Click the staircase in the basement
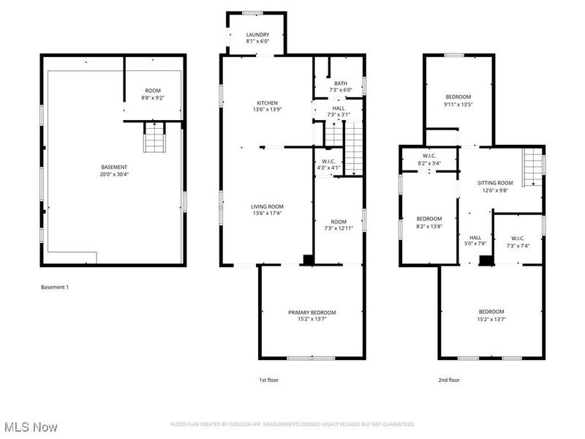click(x=154, y=138)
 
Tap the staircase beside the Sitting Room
click(x=534, y=166)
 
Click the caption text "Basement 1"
click(x=55, y=288)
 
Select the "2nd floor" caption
click(x=449, y=380)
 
